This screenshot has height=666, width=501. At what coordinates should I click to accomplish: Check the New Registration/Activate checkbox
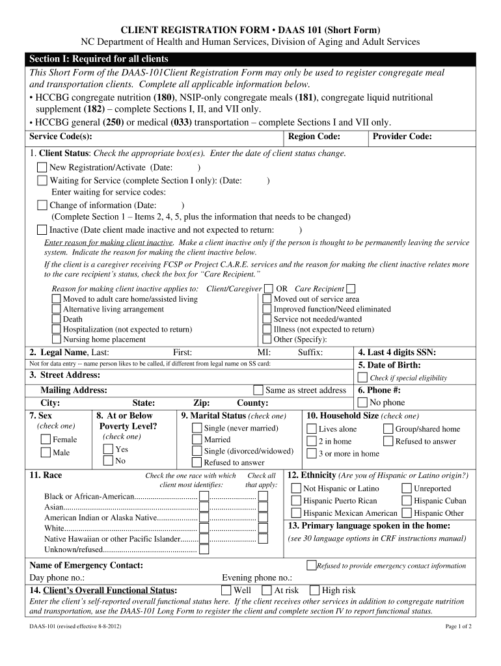pos(42,167)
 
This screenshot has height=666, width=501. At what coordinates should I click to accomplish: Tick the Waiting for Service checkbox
pos(42,180)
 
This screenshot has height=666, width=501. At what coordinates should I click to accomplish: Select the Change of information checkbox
pos(42,205)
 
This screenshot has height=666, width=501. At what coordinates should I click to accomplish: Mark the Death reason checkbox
pos(57,319)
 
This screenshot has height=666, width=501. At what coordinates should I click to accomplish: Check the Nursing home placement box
pos(57,339)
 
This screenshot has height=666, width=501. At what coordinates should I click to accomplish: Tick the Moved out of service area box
pos(267,299)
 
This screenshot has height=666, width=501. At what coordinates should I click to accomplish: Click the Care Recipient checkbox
pos(351,288)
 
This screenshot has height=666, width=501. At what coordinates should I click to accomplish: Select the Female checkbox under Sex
pos(46,439)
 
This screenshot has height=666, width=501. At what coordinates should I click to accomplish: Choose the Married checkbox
pos(196,439)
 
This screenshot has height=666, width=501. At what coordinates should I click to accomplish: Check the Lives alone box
pos(311,429)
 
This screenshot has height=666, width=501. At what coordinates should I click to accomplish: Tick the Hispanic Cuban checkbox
pos(406,500)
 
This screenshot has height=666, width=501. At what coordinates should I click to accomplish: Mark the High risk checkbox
pos(314,590)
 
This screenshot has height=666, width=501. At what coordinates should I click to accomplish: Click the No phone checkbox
pos(362,403)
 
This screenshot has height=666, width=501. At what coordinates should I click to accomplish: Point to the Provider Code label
pos(402,137)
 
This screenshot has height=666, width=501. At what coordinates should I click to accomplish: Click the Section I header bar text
pos(98,59)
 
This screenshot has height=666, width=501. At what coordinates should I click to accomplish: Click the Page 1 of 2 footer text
pos(458,626)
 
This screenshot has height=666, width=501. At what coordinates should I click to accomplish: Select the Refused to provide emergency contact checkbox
pos(311,565)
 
